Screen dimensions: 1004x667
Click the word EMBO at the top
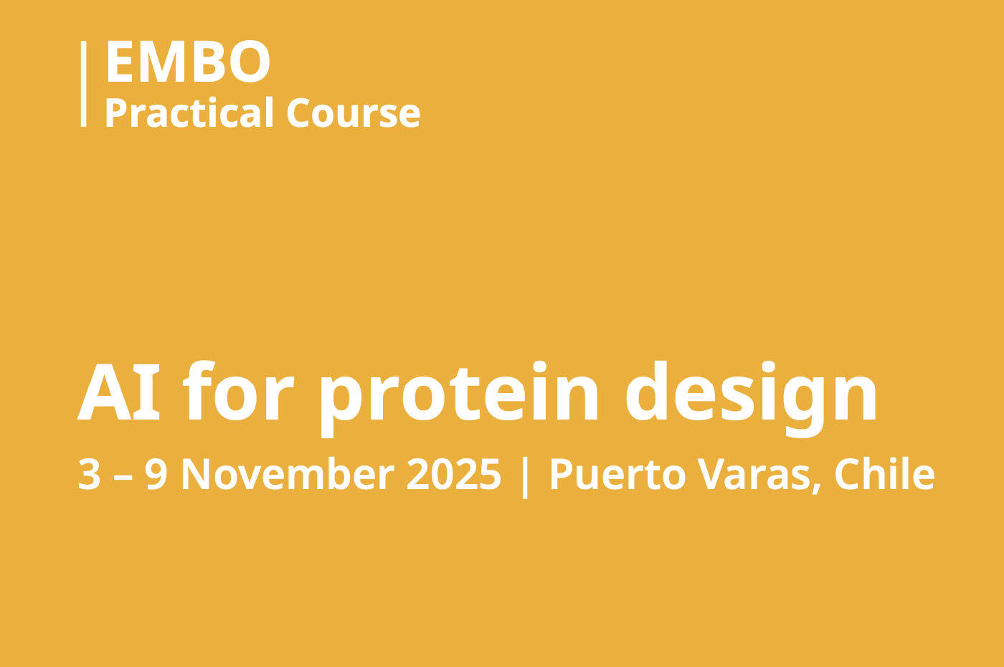(188, 62)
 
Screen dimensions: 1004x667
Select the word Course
(353, 113)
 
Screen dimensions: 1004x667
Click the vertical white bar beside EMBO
(83, 84)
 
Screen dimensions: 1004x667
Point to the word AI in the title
(119, 392)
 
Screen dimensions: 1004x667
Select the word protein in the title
(458, 399)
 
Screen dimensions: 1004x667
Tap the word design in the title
(751, 399)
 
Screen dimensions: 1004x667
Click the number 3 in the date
(89, 475)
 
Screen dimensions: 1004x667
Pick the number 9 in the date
(156, 475)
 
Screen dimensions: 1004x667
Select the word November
(288, 474)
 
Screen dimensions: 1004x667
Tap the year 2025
(453, 475)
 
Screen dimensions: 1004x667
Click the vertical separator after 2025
(525, 478)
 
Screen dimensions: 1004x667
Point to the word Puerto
(617, 475)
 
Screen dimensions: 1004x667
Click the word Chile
(884, 474)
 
